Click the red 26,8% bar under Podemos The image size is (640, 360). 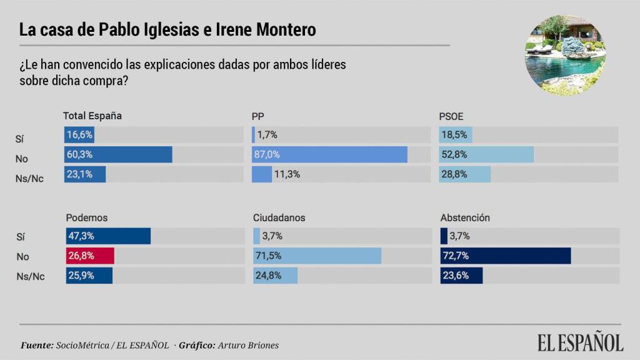coord(90,256)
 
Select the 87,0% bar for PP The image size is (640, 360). coord(329,154)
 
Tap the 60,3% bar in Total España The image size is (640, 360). coord(118,154)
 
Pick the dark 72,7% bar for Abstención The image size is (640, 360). coord(506,256)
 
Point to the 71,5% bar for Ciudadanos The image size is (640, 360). coord(317,256)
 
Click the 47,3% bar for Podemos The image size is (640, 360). coord(108,236)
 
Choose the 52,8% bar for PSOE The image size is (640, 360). coord(487,154)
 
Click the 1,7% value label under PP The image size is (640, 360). coord(267,135)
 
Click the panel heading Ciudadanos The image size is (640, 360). coord(279,218)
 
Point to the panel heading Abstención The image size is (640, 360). coord(465,218)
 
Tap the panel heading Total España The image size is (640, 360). coord(92,116)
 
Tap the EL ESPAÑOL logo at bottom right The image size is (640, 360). coord(580,342)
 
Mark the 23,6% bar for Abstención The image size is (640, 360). coord(461,276)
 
